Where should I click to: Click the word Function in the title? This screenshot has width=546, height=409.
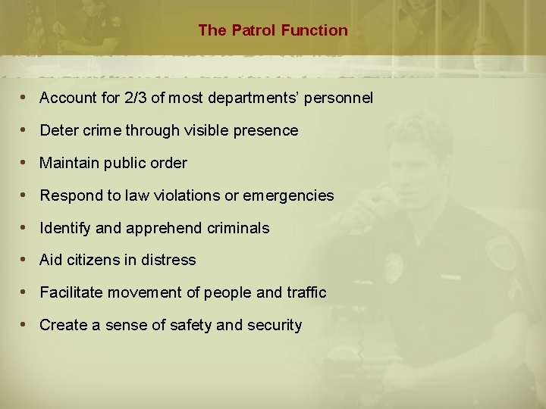(x=314, y=30)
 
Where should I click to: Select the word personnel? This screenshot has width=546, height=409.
(x=339, y=98)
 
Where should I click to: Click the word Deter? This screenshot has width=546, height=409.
(x=58, y=130)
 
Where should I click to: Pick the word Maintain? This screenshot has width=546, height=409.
(x=67, y=163)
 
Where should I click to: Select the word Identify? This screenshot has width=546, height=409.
(x=64, y=228)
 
